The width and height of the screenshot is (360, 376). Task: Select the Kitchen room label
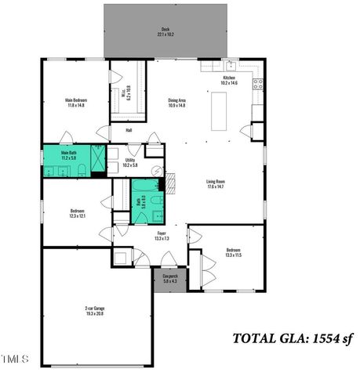pyautogui.click(x=229, y=80)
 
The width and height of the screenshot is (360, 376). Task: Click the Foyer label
pyautogui.click(x=162, y=235)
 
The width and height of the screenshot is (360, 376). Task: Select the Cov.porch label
pyautogui.click(x=170, y=278)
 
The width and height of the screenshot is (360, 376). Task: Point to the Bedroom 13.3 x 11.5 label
pyautogui.click(x=234, y=253)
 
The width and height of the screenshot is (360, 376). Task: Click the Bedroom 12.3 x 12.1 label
pyautogui.click(x=77, y=213)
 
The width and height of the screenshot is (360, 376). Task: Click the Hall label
pyautogui.click(x=128, y=130)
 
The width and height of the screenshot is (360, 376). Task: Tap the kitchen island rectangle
pyautogui.click(x=218, y=110)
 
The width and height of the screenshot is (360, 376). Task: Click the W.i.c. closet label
pyautogui.click(x=126, y=94)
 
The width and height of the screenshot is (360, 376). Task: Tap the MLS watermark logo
pyautogui.click(x=14, y=360)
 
